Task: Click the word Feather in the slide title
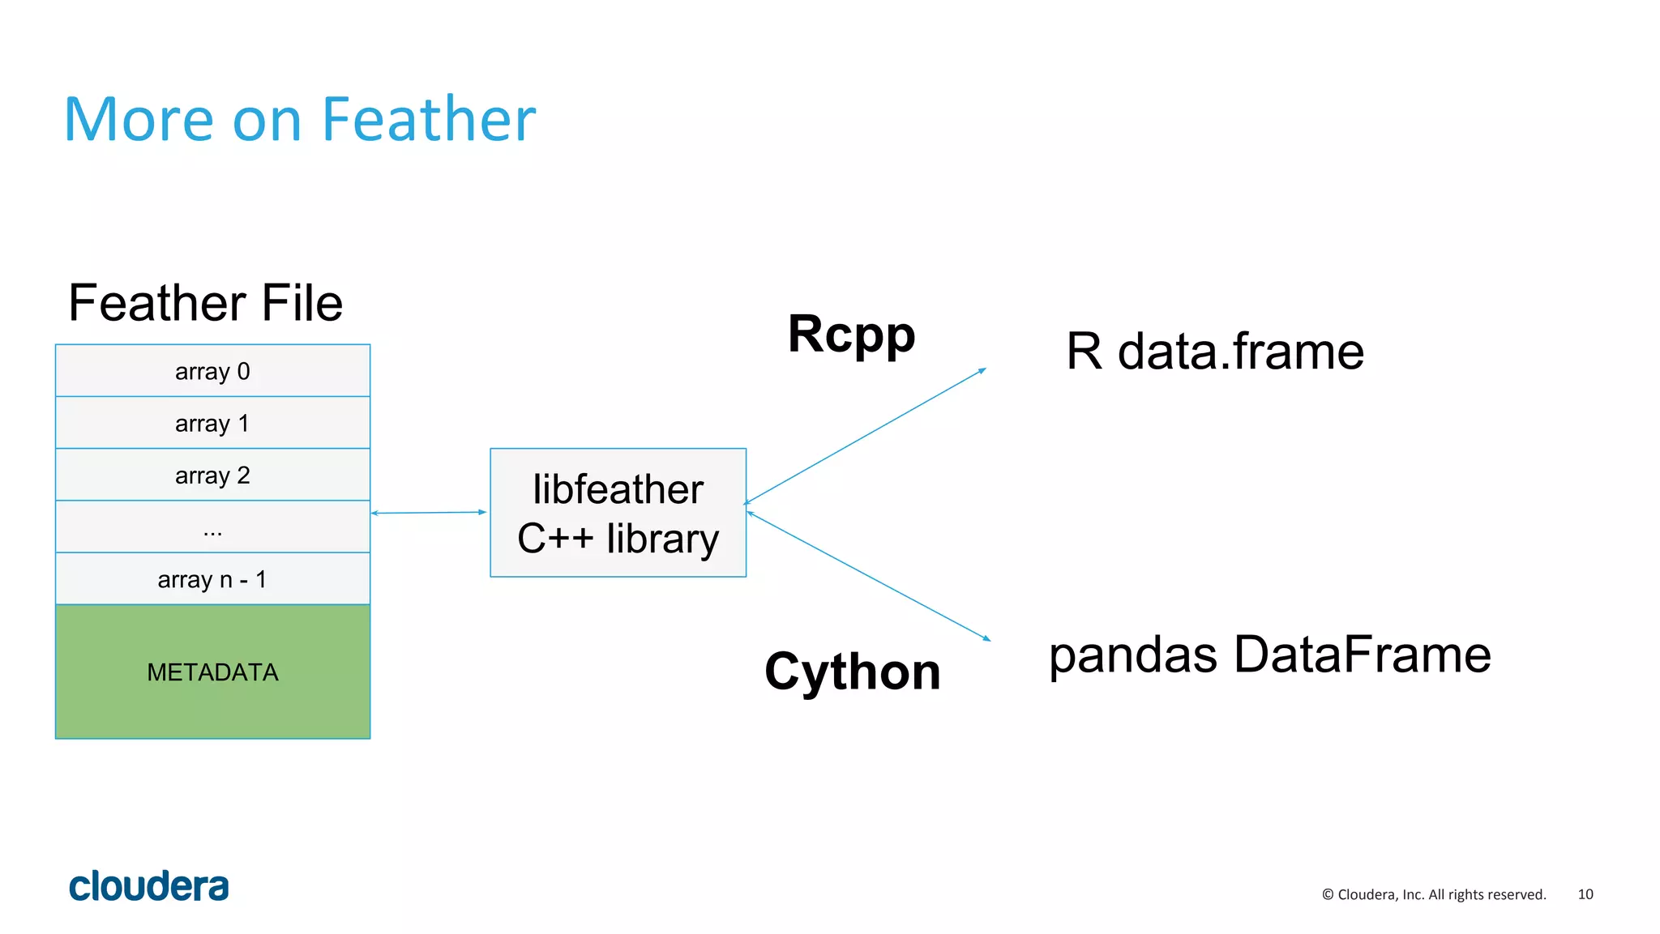click(x=428, y=120)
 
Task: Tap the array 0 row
click(x=212, y=371)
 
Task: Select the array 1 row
click(x=212, y=423)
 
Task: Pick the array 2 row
click(x=212, y=475)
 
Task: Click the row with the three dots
click(x=212, y=527)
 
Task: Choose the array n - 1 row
click(x=212, y=579)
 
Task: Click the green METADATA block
click(x=212, y=672)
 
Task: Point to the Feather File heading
click(x=206, y=303)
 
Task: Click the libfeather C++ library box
click(x=618, y=513)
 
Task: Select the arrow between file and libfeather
click(x=429, y=513)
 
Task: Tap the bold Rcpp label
click(x=851, y=334)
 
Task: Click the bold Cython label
click(x=852, y=672)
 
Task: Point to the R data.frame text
click(x=1214, y=352)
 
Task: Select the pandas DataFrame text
click(x=1269, y=655)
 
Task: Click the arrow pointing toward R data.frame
click(x=865, y=437)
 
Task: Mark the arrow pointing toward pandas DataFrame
click(x=868, y=575)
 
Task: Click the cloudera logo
click(x=149, y=886)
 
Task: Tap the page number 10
click(x=1585, y=894)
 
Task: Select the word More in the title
click(x=139, y=120)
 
